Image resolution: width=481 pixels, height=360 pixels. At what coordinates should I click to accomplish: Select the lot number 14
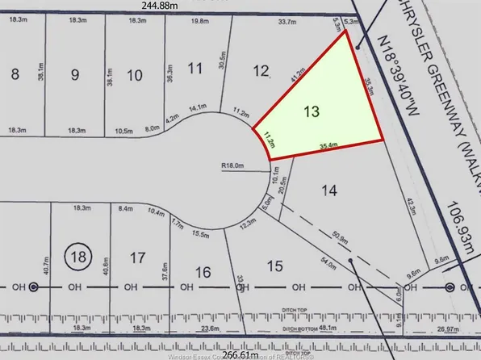pyautogui.click(x=328, y=191)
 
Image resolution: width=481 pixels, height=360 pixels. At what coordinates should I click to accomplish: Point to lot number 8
pyautogui.click(x=15, y=75)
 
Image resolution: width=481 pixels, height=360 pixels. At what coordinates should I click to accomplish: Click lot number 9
pyautogui.click(x=75, y=76)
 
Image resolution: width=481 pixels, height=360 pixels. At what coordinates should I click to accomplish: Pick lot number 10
pyautogui.click(x=135, y=76)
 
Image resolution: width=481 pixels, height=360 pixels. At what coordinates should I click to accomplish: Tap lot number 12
pyautogui.click(x=260, y=72)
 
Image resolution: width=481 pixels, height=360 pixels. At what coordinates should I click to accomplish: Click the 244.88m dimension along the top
pyautogui.click(x=160, y=6)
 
